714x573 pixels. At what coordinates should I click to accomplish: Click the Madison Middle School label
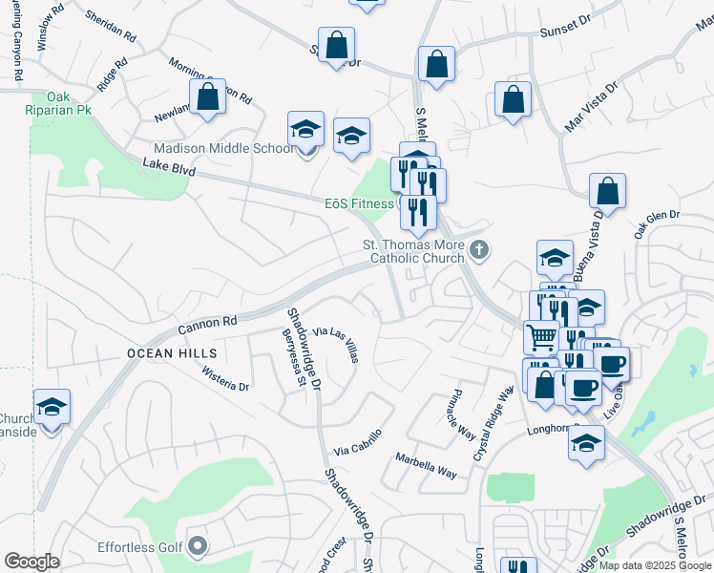(225, 148)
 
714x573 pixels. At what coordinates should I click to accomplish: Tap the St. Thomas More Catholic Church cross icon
(479, 250)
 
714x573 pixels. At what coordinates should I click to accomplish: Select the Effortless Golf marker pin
(198, 546)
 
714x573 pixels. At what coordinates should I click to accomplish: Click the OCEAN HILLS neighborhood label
(165, 353)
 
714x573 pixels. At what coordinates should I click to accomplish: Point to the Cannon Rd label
(206, 325)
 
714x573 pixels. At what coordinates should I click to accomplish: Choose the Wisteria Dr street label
(224, 380)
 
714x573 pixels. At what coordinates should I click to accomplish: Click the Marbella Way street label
(426, 465)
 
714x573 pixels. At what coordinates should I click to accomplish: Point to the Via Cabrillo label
(358, 441)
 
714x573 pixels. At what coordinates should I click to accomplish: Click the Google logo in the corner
(31, 562)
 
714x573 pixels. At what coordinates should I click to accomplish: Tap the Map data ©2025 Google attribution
(655, 565)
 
